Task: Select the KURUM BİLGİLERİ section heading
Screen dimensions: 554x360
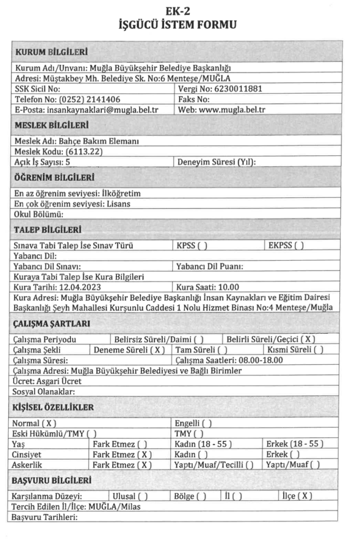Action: pyautogui.click(x=51, y=52)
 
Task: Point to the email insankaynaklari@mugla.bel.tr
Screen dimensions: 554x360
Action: pyautogui.click(x=102, y=109)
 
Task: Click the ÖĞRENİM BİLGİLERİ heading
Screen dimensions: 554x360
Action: pyautogui.click(x=54, y=177)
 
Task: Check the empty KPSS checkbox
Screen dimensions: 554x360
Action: pyautogui.click(x=204, y=246)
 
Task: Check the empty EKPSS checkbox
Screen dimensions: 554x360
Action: pyautogui.click(x=299, y=246)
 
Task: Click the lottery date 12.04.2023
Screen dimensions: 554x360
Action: pyautogui.click(x=78, y=287)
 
